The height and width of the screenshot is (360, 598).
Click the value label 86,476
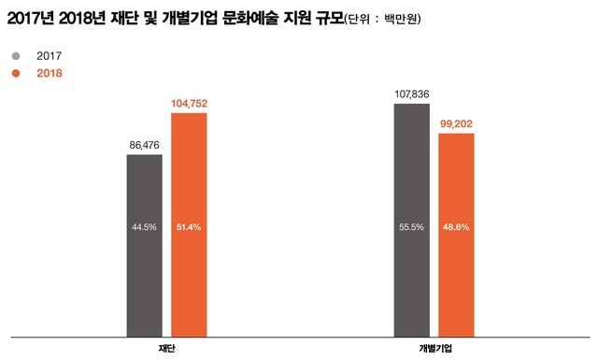(144, 145)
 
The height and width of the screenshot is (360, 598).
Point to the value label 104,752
(188, 103)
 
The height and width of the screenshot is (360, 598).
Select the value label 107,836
(411, 94)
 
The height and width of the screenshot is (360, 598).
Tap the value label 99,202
(456, 123)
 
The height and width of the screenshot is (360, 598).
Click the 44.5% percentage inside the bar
(144, 226)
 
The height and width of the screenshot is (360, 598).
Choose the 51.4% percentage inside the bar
(188, 226)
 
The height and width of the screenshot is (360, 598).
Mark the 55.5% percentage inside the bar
(411, 226)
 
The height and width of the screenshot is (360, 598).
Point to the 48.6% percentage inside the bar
(456, 226)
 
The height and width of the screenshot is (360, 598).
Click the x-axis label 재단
(167, 348)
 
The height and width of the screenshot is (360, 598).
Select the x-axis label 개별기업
(434, 348)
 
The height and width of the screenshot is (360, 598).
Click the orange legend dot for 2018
(15, 73)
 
